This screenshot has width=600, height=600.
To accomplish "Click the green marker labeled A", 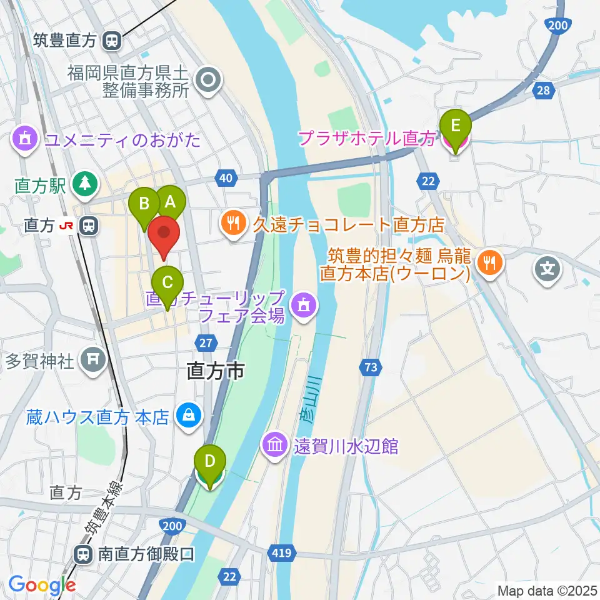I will pyautogui.click(x=170, y=201).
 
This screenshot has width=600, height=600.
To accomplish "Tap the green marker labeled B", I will pyautogui.click(x=144, y=204).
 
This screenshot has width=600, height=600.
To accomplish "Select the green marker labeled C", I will pyautogui.click(x=167, y=282).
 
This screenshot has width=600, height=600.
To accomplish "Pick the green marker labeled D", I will pyautogui.click(x=211, y=462).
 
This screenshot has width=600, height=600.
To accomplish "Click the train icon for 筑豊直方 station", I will pyautogui.click(x=112, y=41).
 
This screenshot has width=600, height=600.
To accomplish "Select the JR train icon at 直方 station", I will pyautogui.click(x=89, y=226).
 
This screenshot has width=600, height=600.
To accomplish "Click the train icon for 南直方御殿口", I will pyautogui.click(x=82, y=554).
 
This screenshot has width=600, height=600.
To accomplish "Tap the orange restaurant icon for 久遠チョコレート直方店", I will pyautogui.click(x=234, y=224).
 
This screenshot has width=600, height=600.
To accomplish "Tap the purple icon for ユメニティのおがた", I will pyautogui.click(x=25, y=138).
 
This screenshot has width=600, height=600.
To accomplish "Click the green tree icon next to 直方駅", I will pyautogui.click(x=82, y=184).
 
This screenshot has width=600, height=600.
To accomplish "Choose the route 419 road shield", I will pyautogui.click(x=281, y=552).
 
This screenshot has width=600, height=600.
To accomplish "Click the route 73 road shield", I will pyautogui.click(x=371, y=368).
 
